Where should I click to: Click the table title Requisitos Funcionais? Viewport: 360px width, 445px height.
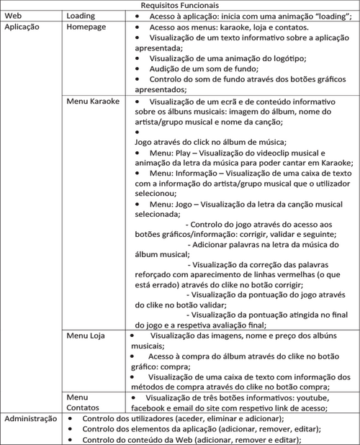[x=179, y=5]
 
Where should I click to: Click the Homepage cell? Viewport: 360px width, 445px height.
[x=86, y=26]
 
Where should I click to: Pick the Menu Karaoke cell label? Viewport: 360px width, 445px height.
[x=93, y=102]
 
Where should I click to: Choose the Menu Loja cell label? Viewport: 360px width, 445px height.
[x=86, y=336]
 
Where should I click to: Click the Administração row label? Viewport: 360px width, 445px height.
[x=30, y=418]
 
